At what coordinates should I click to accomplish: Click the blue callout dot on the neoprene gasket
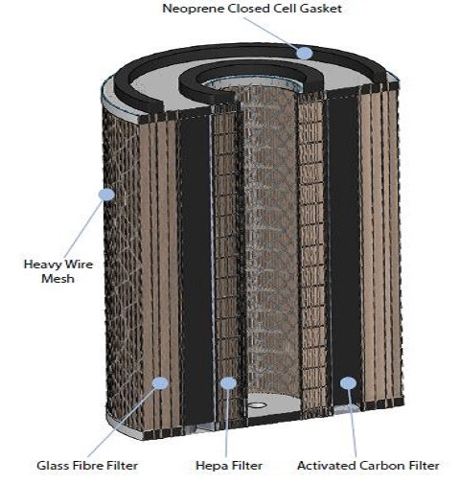click(x=304, y=53)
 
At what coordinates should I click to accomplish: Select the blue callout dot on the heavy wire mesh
click(x=106, y=195)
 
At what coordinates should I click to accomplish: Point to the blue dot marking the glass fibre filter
click(x=160, y=383)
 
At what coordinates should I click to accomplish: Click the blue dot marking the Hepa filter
click(x=227, y=383)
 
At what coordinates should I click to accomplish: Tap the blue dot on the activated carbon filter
click(x=347, y=383)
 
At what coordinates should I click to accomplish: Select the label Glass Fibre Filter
click(x=87, y=465)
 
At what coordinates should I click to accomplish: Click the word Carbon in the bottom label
click(x=372, y=465)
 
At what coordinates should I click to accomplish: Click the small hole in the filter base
click(x=258, y=405)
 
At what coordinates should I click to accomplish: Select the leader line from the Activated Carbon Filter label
click(x=352, y=422)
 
